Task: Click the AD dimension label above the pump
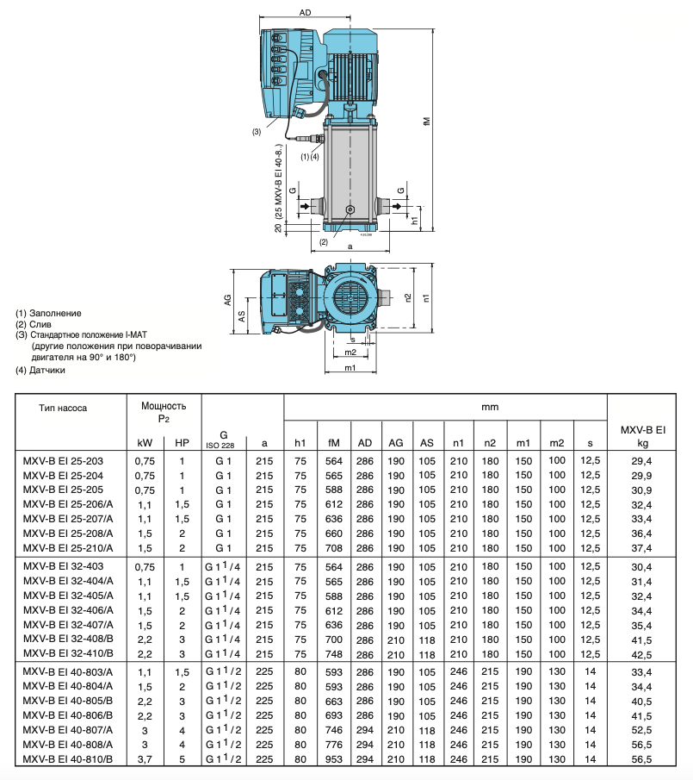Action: (x=305, y=13)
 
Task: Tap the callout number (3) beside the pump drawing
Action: (x=257, y=132)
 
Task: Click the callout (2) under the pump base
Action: (x=324, y=242)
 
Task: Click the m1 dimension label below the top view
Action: (x=350, y=368)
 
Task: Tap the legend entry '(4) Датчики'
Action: (x=40, y=370)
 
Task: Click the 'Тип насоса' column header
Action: (x=63, y=408)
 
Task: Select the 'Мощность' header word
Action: (x=164, y=405)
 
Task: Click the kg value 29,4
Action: (x=641, y=461)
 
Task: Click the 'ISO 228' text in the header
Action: (x=221, y=445)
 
